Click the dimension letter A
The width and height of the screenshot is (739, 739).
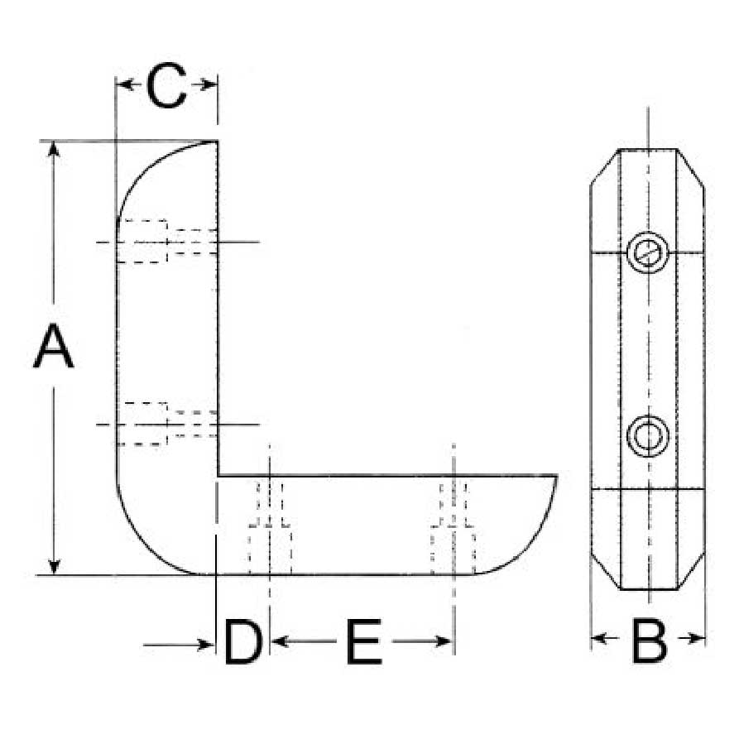[x=54, y=345]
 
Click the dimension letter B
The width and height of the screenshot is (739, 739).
[x=649, y=641]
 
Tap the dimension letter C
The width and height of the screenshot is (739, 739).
[x=166, y=85]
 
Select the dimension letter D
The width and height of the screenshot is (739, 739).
[x=243, y=642]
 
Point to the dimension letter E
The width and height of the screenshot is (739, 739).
[x=363, y=642]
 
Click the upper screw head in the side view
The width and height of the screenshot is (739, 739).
[x=648, y=252]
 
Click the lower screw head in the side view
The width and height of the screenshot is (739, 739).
[x=648, y=436]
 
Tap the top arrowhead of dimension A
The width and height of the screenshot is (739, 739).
[x=54, y=148]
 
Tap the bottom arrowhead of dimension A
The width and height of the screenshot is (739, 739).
[x=54, y=567]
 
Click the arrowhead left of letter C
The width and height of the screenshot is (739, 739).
[x=123, y=85]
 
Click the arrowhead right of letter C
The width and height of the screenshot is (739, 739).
[x=209, y=85]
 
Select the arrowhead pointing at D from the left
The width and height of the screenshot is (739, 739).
[x=207, y=645]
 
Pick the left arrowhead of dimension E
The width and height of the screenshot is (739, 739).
[x=278, y=641]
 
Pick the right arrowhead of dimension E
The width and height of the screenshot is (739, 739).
[x=444, y=641]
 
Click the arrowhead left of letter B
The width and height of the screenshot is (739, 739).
[x=599, y=639]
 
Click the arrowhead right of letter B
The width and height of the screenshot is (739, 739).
[x=698, y=639]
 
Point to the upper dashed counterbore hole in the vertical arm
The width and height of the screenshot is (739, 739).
[x=167, y=242]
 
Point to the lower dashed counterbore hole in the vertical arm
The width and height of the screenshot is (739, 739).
[x=167, y=425]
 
